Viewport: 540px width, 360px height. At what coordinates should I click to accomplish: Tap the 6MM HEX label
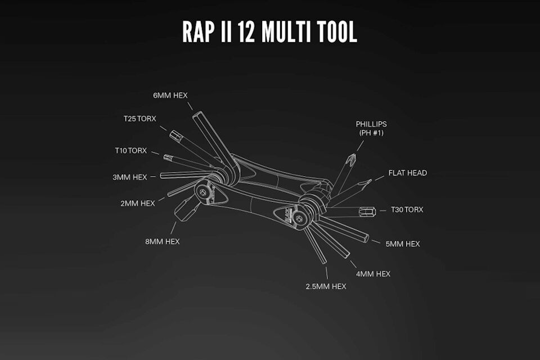pyautogui.click(x=170, y=96)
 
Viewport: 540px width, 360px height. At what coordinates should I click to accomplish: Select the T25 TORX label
pyautogui.click(x=140, y=119)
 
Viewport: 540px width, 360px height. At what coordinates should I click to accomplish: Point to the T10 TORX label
pyautogui.click(x=131, y=150)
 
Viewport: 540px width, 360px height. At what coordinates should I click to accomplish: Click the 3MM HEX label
pyautogui.click(x=130, y=177)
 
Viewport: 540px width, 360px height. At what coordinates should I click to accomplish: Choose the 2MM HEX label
pyautogui.click(x=138, y=203)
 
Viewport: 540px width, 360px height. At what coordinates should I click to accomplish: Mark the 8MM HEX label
pyautogui.click(x=163, y=241)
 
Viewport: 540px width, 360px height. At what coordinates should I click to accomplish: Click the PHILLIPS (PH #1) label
pyautogui.click(x=371, y=128)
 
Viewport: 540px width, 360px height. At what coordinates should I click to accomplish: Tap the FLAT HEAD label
pyautogui.click(x=408, y=173)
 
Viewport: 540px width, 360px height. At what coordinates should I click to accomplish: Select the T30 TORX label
pyautogui.click(x=407, y=209)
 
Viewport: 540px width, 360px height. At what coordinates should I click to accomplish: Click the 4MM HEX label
pyautogui.click(x=374, y=274)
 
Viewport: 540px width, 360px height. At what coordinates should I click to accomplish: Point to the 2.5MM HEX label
pyautogui.click(x=326, y=286)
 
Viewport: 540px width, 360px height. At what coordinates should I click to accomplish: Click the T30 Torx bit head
pyautogui.click(x=368, y=212)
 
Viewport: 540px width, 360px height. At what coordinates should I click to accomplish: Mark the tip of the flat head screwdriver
pyautogui.click(x=368, y=182)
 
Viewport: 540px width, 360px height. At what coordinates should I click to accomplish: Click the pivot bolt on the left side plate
pyautogui.click(x=201, y=191)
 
